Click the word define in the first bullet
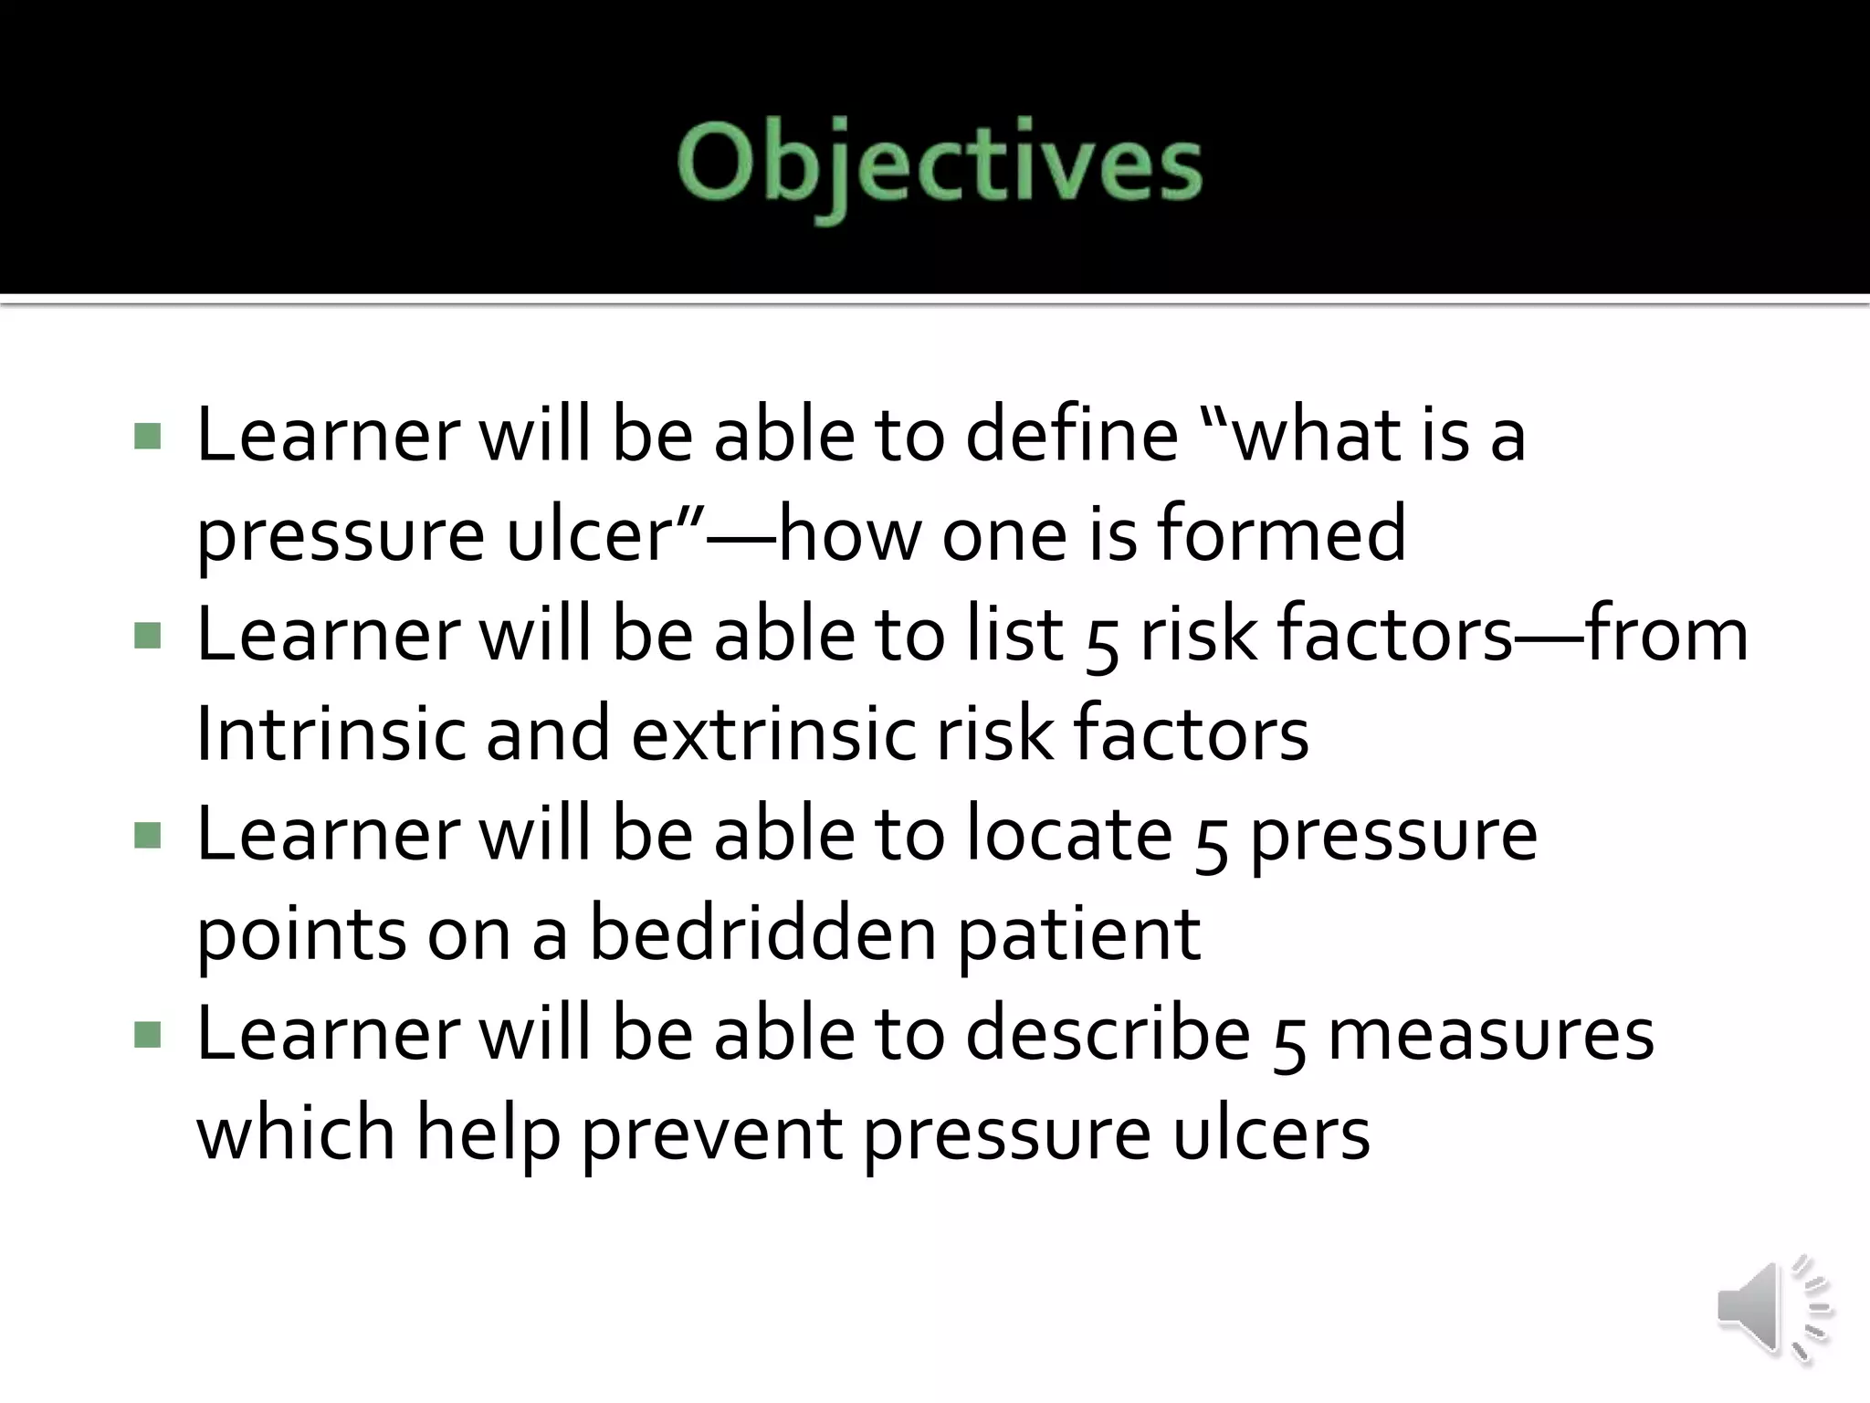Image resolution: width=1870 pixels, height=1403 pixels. coord(1072,435)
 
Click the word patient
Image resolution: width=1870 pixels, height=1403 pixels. coord(1079,935)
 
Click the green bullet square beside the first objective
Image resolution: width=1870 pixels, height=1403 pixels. coord(147,436)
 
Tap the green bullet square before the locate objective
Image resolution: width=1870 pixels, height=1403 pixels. coord(147,835)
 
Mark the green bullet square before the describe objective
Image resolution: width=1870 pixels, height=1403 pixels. coord(147,1035)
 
